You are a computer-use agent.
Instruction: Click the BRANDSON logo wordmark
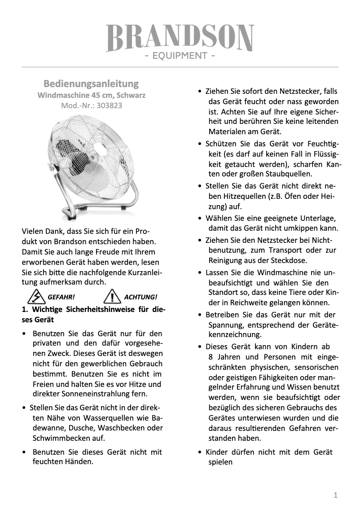180,38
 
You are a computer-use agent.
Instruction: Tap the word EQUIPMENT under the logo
180,56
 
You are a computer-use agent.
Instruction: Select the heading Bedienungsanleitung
91,84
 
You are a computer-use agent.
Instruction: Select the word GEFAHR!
61,297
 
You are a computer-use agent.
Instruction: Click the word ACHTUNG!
140,297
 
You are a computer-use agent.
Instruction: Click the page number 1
335,495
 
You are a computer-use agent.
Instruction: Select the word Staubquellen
289,174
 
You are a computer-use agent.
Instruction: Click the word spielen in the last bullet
220,462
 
